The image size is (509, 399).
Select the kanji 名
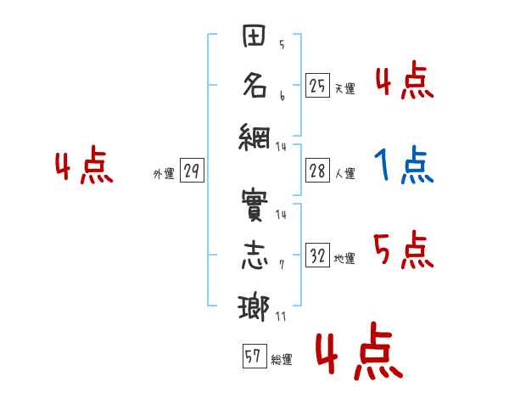[x=255, y=87]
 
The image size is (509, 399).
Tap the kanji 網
[x=255, y=138]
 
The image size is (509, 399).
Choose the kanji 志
[x=255, y=257]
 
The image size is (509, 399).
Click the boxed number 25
[x=317, y=85]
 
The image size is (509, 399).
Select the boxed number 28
[x=317, y=171]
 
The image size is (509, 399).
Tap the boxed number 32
[x=317, y=256]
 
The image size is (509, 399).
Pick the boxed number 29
[x=192, y=171]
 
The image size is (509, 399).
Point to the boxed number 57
[x=253, y=357]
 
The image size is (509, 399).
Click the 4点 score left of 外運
[x=84, y=166]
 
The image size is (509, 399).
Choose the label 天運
[x=344, y=88]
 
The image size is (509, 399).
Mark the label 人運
[x=344, y=174]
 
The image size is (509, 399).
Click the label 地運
[x=344, y=259]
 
